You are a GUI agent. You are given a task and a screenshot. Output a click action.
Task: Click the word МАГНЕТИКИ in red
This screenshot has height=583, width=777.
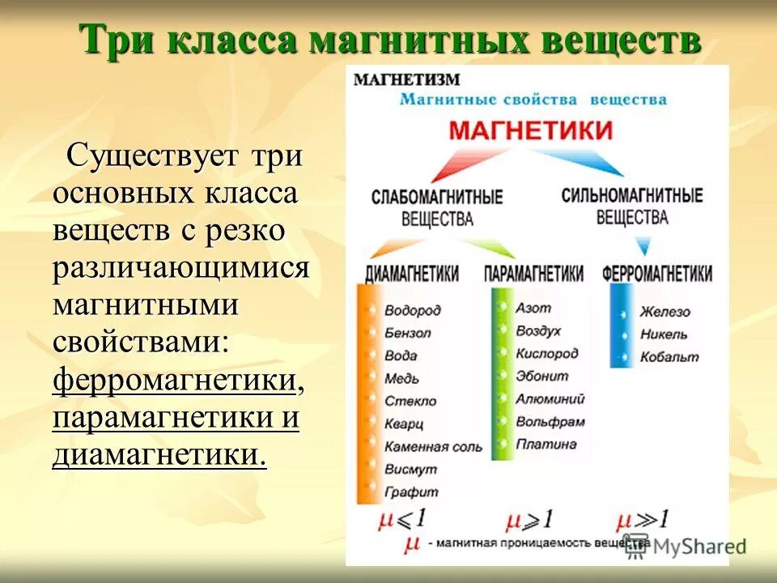(x=530, y=131)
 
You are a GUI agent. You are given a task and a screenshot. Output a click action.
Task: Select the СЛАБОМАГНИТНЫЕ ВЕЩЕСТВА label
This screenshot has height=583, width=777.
(x=437, y=207)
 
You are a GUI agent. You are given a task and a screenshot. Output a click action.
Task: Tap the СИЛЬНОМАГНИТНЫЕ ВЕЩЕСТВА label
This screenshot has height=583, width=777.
(x=631, y=206)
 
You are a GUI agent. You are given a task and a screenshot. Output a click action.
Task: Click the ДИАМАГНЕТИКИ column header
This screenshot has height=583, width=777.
(x=412, y=274)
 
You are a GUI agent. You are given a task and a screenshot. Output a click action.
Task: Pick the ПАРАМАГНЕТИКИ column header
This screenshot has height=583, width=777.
(x=533, y=274)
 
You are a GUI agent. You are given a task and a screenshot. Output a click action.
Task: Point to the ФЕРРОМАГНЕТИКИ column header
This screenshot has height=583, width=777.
(x=657, y=274)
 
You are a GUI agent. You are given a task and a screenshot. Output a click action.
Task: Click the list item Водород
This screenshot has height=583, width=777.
(x=413, y=310)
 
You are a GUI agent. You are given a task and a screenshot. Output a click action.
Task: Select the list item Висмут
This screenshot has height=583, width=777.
(x=410, y=469)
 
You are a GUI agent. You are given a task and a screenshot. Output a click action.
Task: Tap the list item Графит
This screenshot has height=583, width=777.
(x=411, y=492)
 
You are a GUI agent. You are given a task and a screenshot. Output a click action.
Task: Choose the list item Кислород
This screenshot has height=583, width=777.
(x=547, y=354)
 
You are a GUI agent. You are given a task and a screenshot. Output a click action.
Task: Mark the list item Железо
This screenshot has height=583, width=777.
(x=664, y=312)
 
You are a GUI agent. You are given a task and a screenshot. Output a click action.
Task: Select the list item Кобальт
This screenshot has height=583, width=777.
(x=669, y=357)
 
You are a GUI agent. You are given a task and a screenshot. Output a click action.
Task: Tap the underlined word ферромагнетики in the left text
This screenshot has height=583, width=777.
(x=174, y=381)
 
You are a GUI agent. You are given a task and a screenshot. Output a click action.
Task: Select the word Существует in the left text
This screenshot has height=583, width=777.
(x=157, y=155)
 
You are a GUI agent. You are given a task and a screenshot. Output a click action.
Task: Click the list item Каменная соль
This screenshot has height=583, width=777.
(x=433, y=446)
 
